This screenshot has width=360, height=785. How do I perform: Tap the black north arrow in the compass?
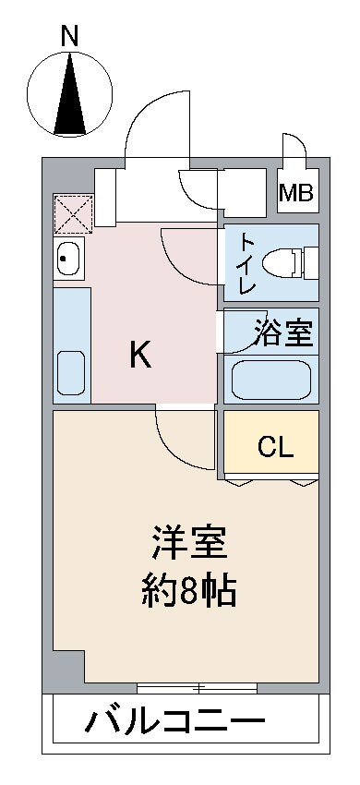(68, 96)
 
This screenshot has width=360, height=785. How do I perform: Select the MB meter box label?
(296, 194)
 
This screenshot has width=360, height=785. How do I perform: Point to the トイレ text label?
(247, 263)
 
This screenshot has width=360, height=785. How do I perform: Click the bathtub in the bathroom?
(270, 379)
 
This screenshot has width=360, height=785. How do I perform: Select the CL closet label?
(275, 449)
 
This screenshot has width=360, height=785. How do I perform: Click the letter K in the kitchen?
(139, 355)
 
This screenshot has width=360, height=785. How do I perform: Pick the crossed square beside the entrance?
(72, 211)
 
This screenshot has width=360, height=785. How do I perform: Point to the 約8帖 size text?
(189, 591)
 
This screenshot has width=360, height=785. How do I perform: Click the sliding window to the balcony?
(197, 687)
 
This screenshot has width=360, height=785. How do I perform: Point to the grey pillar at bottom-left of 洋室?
(66, 669)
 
